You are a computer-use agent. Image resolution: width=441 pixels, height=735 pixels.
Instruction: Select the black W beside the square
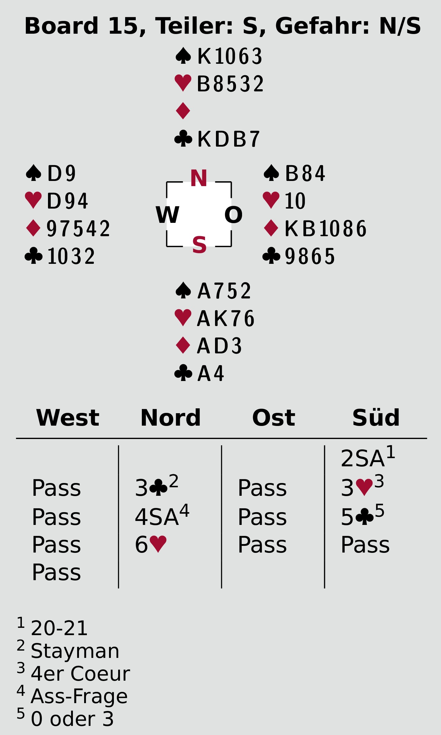(167, 215)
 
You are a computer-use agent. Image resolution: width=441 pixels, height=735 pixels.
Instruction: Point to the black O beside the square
(233, 215)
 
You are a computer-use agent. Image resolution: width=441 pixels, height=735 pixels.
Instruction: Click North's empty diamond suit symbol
(183, 111)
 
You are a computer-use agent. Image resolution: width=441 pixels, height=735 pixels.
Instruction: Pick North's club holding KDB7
(228, 139)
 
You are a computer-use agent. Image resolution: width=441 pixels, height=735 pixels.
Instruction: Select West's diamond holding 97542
(78, 228)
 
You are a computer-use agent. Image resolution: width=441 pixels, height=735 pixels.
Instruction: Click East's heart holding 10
(295, 201)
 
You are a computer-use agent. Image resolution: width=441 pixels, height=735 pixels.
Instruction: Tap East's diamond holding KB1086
(325, 228)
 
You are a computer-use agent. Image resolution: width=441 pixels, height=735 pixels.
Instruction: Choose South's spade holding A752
(224, 291)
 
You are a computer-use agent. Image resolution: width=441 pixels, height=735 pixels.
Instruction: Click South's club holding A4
(210, 373)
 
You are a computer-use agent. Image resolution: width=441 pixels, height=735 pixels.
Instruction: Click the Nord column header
(170, 418)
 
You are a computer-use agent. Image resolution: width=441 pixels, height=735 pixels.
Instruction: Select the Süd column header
(376, 418)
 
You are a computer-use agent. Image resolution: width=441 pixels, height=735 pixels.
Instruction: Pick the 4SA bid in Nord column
(157, 517)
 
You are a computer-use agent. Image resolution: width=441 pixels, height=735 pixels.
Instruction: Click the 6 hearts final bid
(151, 545)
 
